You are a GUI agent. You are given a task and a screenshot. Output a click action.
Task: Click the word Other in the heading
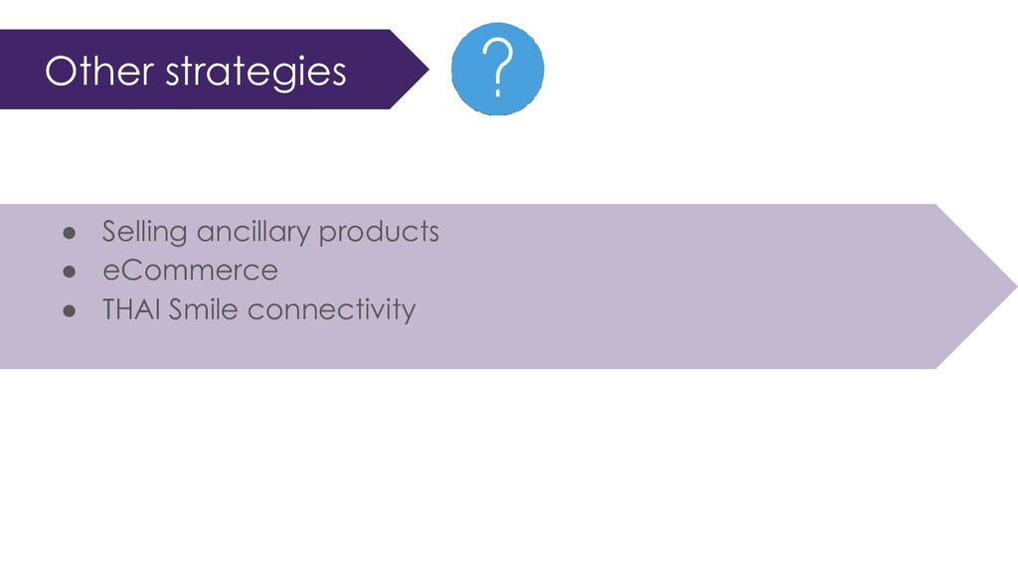[x=99, y=71]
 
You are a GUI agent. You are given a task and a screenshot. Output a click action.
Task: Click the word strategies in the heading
[x=255, y=73]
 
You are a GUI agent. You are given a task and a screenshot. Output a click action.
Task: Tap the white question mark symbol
[x=498, y=68]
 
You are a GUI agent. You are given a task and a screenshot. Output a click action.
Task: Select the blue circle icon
[x=498, y=69]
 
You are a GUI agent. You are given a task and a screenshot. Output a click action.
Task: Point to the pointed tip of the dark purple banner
[x=428, y=69]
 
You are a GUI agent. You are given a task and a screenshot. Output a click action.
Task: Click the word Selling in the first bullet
[x=145, y=232]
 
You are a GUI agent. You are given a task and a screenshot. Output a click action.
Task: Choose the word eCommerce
[x=190, y=271]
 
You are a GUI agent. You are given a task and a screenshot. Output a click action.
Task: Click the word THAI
[x=132, y=309]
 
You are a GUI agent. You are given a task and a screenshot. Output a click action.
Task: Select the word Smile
[x=203, y=309]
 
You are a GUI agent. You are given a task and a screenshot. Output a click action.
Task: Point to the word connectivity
[x=331, y=310]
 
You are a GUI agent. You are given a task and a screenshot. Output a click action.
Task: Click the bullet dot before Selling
[x=70, y=233]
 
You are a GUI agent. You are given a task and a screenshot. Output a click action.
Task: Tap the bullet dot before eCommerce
[x=70, y=273]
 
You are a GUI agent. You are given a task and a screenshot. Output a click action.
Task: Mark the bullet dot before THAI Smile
[x=70, y=311]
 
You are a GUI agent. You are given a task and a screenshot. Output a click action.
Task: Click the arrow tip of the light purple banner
[x=1016, y=286]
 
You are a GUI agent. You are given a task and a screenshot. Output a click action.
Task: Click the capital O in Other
[x=61, y=71]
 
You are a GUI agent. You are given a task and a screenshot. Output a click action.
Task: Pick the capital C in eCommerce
[x=134, y=271]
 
